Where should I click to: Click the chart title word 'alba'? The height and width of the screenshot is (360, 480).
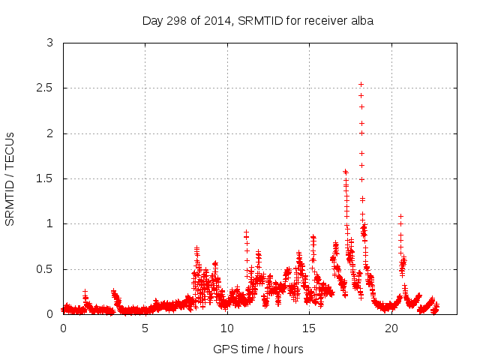361,21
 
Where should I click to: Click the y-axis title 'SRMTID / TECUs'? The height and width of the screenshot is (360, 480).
10,178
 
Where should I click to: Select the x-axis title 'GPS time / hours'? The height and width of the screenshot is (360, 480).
258,349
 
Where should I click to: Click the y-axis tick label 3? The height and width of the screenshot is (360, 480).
49,43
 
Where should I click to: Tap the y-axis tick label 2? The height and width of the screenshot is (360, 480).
49,133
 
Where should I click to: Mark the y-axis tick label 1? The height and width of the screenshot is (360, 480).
49,223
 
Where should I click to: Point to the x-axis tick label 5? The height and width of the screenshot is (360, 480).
145,328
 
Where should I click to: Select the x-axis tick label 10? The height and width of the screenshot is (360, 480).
226,328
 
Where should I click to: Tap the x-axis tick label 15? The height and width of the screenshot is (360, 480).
309,328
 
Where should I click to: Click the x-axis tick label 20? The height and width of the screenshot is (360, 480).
391,328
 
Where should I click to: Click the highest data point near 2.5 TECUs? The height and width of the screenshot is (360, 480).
361,84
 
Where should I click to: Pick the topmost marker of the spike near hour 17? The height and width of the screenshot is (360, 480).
345,171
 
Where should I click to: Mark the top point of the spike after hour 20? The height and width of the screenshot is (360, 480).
400,216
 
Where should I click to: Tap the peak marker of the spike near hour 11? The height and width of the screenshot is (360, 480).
246,232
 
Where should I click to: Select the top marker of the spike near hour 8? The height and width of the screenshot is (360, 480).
196,247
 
